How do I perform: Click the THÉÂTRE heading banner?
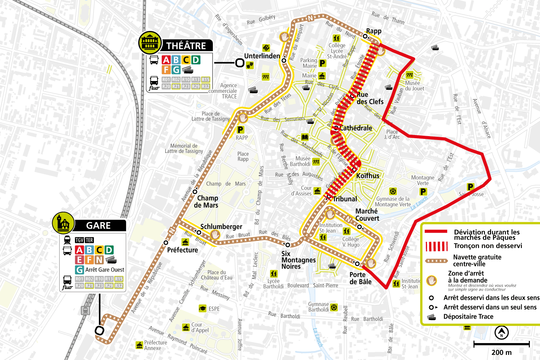pos(186,46)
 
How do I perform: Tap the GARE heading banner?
pos(98,226)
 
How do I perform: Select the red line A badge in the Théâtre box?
pos(166,60)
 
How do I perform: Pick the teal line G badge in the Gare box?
pos(79,270)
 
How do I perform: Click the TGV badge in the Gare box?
pos(80,240)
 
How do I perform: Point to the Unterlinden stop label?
pos(262,56)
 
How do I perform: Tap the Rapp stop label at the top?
pos(374,31)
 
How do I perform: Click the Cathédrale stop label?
pos(356,128)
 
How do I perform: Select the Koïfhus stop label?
pos(368,176)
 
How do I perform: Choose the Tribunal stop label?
pos(345,199)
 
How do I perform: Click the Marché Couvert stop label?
pos(367,215)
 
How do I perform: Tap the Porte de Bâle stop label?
pos(360,278)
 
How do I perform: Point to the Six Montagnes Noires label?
pos(298,260)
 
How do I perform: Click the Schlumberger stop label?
pos(221,226)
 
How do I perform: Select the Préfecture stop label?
pos(183,250)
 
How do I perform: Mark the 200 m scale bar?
pos(501,345)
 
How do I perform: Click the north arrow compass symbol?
pos(501,332)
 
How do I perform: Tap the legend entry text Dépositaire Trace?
pos(468,316)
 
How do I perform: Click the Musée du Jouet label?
pos(414,86)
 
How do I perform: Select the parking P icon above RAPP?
pos(240,130)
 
